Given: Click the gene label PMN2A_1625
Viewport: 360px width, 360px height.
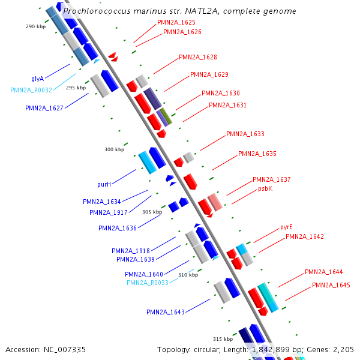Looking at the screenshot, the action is (176, 22).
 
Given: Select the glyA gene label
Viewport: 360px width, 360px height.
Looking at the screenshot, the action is (37, 79).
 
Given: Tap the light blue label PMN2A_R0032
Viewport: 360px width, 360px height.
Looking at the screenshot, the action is (31, 90).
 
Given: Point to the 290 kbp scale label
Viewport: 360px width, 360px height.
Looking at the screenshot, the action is (35, 26).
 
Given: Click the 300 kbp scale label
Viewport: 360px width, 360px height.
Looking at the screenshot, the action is (115, 149).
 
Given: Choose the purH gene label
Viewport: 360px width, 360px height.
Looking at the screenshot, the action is (104, 184).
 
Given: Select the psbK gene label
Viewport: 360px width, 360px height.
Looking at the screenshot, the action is (265, 189).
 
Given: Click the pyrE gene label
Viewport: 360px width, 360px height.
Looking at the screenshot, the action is (286, 227).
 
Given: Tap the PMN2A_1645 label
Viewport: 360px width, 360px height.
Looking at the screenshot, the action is (331, 285).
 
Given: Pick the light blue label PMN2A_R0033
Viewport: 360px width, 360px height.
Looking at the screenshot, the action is (148, 283).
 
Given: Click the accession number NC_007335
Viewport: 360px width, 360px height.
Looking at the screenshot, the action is (65, 350).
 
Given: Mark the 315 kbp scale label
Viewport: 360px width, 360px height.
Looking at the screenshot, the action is (223, 339).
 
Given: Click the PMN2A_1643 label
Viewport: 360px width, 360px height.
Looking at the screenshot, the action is (166, 312).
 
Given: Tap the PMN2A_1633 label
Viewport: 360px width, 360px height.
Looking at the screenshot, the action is (245, 134).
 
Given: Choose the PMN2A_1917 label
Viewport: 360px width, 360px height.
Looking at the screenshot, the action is (109, 212).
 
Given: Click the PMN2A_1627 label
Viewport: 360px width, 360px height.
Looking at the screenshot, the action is (44, 108).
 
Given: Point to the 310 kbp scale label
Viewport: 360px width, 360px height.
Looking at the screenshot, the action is (188, 275).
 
